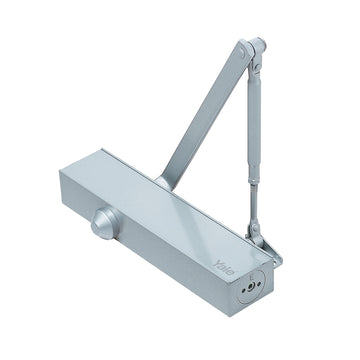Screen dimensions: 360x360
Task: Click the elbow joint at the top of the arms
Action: [254, 49]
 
